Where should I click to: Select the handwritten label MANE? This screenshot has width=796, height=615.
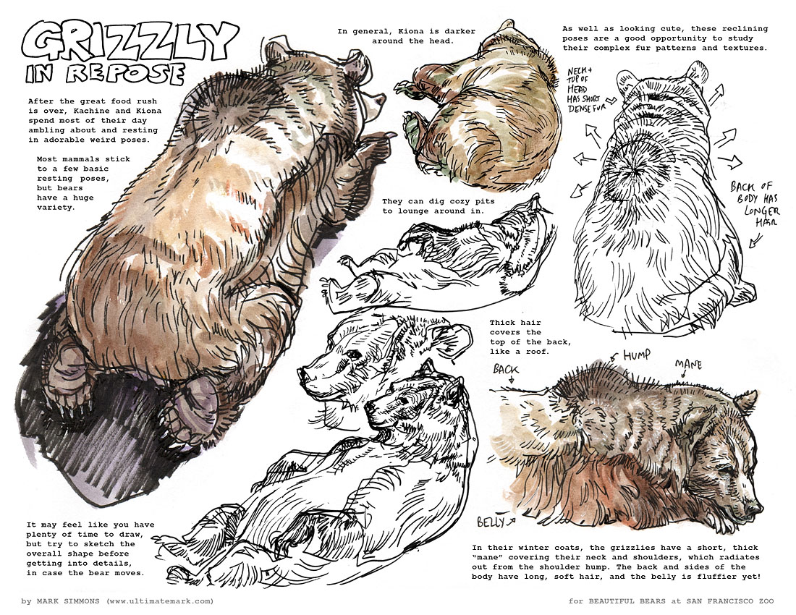point(688,365)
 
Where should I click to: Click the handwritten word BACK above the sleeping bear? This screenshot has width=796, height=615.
point(506,369)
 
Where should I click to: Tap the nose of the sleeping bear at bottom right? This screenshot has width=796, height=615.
point(758,507)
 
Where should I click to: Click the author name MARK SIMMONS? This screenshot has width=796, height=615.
point(68,601)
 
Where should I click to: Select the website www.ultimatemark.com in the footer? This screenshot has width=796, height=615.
point(160,601)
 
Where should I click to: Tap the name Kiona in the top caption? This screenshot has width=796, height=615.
point(400,31)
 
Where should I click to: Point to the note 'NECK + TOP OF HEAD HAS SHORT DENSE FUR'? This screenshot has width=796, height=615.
point(588,90)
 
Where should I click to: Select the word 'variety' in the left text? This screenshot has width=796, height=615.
point(56,208)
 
